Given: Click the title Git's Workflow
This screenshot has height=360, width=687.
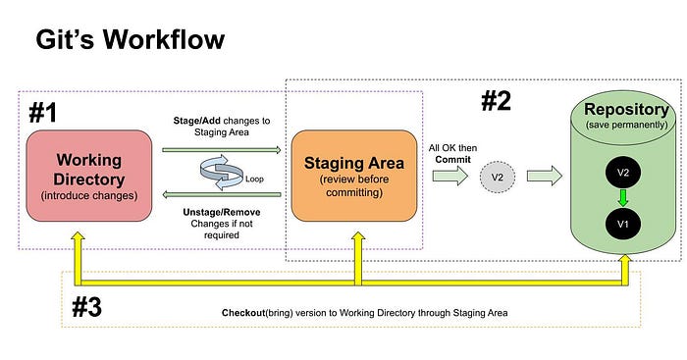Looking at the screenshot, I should pyautogui.click(x=131, y=40).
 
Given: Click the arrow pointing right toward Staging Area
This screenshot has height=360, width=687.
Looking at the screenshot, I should pyautogui.click(x=223, y=150).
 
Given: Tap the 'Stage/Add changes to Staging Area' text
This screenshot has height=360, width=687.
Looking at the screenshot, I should pyautogui.click(x=223, y=126).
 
